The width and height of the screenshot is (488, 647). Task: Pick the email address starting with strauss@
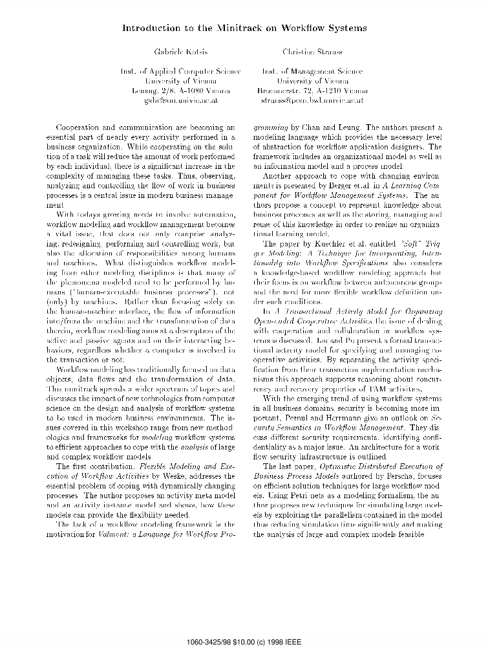[x=311, y=101]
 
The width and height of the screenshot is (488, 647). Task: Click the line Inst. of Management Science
[x=312, y=72]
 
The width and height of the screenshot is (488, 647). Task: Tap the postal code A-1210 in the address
[x=327, y=91]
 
